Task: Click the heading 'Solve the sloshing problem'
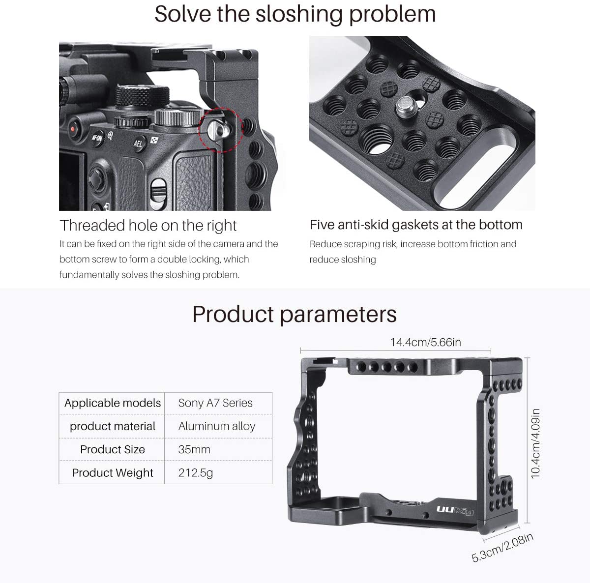(x=295, y=14)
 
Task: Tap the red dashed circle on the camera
(x=220, y=130)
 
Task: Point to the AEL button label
(x=138, y=144)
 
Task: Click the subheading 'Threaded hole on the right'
(x=148, y=226)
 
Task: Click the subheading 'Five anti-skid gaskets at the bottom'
(x=416, y=225)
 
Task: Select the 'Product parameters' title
(x=294, y=314)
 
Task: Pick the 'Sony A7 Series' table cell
(x=215, y=403)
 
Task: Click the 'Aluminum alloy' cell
(x=217, y=426)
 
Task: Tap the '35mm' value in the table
(x=194, y=449)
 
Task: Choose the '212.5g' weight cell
(x=196, y=473)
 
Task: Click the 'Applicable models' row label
(x=112, y=403)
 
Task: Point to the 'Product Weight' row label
(x=113, y=473)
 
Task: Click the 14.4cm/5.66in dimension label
(x=425, y=342)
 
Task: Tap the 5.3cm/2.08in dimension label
(x=502, y=548)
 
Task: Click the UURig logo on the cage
(x=455, y=511)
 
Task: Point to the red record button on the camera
(x=73, y=129)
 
